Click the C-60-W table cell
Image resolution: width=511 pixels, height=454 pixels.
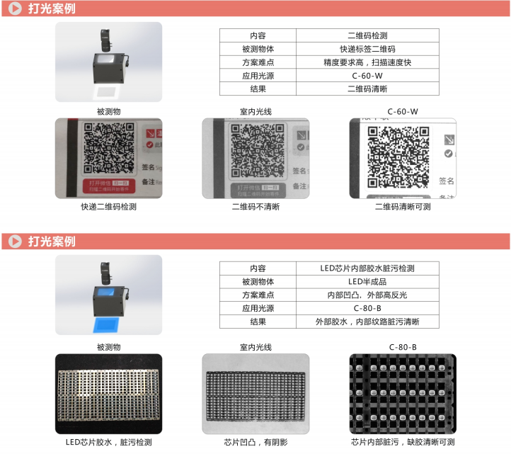[367, 76]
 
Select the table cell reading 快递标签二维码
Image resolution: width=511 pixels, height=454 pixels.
[367, 49]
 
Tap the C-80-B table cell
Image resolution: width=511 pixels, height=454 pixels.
[367, 308]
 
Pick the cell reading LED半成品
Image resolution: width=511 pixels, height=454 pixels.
[367, 282]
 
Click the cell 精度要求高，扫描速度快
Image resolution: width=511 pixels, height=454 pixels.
[367, 62]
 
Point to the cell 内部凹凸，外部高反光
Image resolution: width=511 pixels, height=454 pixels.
[367, 295]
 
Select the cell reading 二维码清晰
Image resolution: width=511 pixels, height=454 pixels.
[367, 89]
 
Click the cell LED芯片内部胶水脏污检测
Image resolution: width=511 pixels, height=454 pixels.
[367, 268]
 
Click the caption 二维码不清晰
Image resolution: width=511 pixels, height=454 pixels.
[255, 207]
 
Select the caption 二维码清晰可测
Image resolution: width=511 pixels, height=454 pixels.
[403, 207]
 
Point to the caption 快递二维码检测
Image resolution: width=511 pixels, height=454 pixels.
[108, 207]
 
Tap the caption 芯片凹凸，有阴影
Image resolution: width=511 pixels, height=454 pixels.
[255, 442]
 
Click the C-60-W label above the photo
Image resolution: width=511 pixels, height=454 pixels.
[403, 111]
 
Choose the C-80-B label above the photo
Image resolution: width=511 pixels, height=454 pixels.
[403, 346]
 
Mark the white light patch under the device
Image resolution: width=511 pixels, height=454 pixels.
[108, 92]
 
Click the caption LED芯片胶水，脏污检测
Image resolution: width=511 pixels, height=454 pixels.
[108, 442]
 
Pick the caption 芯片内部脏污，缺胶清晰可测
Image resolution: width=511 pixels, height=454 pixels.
[403, 442]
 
